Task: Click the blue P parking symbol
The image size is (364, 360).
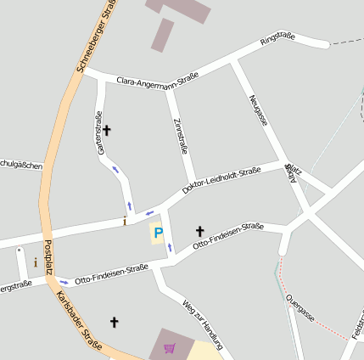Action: pos(157,232)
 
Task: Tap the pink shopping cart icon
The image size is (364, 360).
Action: pos(170,347)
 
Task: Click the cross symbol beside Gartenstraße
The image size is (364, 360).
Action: pos(107,130)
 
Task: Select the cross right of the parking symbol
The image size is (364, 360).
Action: pos(200,230)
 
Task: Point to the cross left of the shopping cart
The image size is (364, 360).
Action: pos(115,322)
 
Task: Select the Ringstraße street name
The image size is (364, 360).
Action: pos(277,38)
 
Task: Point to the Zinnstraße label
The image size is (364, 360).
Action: pos(180,137)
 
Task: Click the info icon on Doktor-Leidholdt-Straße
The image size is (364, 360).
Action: pos(125,222)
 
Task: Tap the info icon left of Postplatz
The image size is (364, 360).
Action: pos(35,262)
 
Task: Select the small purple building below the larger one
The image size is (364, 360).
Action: pos(162,36)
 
